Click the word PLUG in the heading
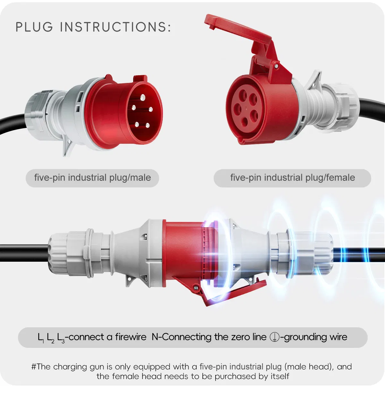pos(34,27)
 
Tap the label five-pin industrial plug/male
pos(92,178)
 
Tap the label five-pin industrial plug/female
pos(292,178)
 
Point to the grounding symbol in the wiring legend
pos(274,337)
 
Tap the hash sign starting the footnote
pos(34,367)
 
